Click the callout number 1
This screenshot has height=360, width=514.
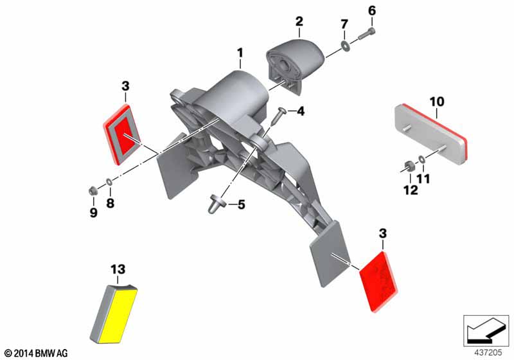(x=240, y=53)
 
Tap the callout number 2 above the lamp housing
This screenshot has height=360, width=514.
(x=299, y=22)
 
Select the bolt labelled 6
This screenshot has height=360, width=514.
(x=367, y=34)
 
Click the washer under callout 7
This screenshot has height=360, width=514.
(x=345, y=46)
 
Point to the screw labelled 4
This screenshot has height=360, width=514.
(x=279, y=116)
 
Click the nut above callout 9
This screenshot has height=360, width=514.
(x=93, y=190)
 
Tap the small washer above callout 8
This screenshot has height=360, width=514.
(x=109, y=182)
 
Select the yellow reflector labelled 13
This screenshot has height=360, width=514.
(x=114, y=314)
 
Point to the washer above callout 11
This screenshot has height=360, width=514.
(x=421, y=159)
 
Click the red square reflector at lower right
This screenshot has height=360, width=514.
(x=378, y=282)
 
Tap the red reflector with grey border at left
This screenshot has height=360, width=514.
(x=122, y=134)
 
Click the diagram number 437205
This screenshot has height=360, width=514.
(x=488, y=352)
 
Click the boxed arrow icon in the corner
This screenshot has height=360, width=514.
(x=486, y=330)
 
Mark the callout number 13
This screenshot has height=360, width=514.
(x=118, y=269)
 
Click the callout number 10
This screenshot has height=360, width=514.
(x=437, y=102)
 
